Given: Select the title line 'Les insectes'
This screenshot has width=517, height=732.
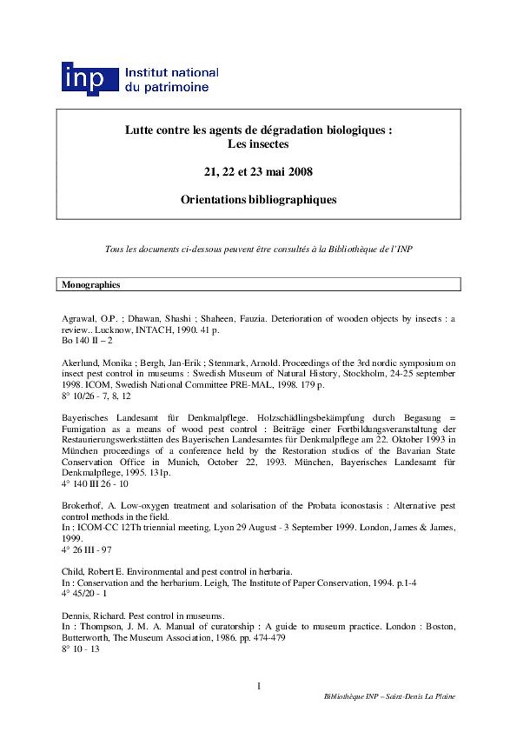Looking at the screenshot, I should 258,145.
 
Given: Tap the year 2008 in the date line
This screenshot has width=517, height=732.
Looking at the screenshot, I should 299,172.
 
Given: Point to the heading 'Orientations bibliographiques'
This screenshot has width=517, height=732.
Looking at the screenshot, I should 258,199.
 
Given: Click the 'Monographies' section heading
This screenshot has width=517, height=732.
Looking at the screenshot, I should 91,285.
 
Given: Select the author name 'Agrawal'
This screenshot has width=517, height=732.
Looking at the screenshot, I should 76,320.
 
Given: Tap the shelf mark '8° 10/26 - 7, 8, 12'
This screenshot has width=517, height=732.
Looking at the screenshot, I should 96,396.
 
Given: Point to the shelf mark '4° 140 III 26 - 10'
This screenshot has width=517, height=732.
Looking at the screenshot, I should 94,484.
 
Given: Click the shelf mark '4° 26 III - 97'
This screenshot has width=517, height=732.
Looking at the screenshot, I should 87,550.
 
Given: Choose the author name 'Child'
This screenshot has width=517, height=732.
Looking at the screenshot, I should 73,572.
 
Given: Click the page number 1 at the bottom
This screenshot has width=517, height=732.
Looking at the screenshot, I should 259,687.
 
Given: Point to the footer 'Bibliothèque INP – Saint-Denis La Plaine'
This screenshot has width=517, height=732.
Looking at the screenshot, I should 390,697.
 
